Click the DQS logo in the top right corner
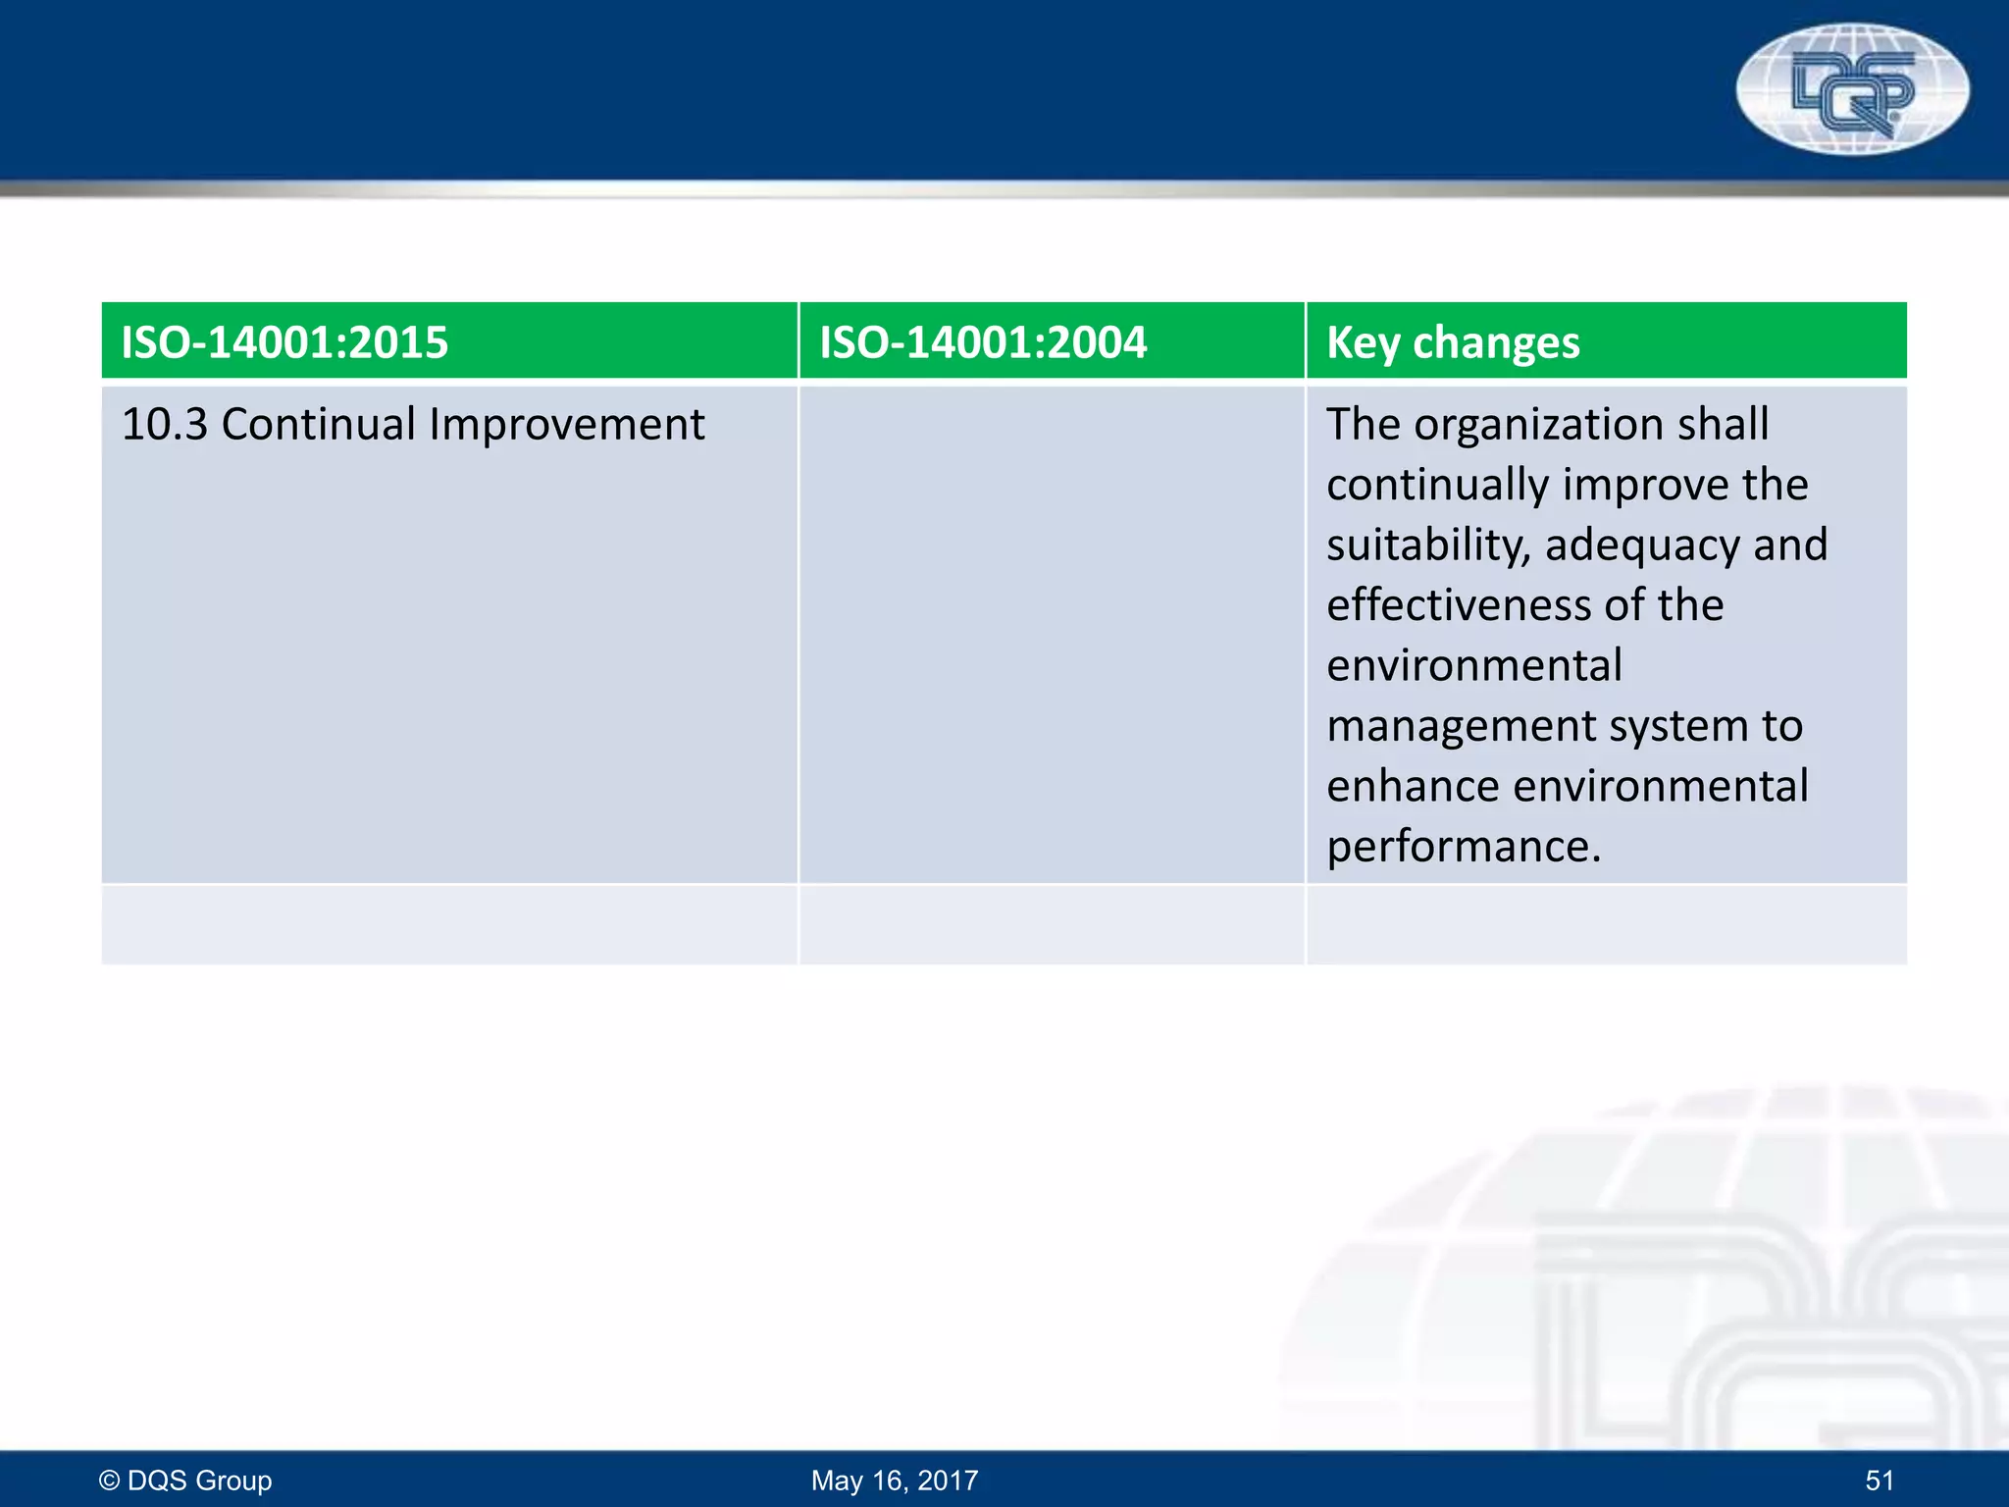tap(1852, 89)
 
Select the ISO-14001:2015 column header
tap(284, 342)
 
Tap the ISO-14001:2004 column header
tap(983, 342)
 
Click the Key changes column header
tap(1453, 342)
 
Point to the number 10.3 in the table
tap(165, 425)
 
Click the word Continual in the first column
tap(319, 425)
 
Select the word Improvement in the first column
tap(566, 425)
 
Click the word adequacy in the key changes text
tap(1642, 546)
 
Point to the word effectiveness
tap(1459, 605)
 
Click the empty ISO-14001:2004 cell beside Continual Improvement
tap(1051, 634)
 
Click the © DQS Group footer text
tap(185, 1480)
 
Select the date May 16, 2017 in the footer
tap(895, 1480)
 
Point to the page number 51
tap(1879, 1480)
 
